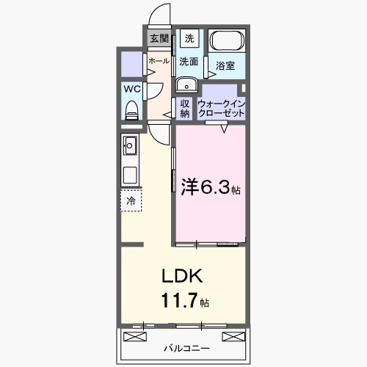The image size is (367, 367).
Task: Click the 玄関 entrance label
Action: tap(159, 39)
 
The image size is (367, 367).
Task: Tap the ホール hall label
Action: tap(159, 62)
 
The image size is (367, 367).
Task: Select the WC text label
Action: tap(132, 89)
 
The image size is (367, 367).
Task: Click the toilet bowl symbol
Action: tap(132, 110)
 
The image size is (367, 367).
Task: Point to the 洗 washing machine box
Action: tap(189, 39)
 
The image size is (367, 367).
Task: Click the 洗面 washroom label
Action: tap(189, 62)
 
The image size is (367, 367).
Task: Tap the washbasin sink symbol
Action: tap(184, 82)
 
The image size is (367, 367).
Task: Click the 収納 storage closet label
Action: tap(185, 108)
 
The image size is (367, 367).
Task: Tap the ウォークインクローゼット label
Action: tap(222, 108)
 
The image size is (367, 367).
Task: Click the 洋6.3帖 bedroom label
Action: tap(209, 187)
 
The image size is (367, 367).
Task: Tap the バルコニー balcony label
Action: tap(184, 348)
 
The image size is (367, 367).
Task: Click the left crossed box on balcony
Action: tap(137, 336)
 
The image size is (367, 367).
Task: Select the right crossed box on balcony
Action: tap(232, 336)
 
